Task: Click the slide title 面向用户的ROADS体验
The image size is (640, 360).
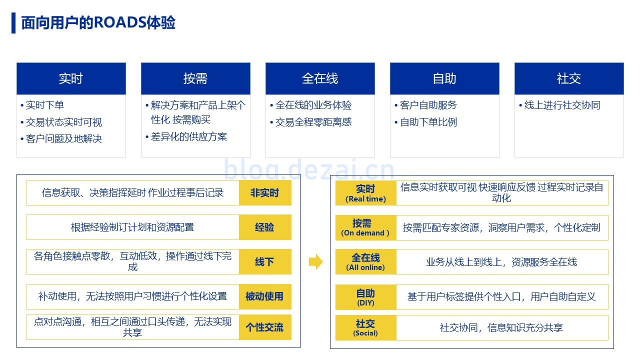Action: pos(98,23)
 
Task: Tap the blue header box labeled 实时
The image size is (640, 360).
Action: pos(71,78)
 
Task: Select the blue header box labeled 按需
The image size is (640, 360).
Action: pos(195,78)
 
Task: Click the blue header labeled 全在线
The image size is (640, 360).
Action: pos(320,78)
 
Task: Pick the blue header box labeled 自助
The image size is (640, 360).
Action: pos(444,78)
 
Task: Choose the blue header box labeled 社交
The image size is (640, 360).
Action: pos(569,78)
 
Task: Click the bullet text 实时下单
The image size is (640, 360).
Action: pos(45,105)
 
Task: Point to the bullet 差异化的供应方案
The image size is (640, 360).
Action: pos(189,136)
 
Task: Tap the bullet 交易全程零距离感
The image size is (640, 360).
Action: pos(313,122)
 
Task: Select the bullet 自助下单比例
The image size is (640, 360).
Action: pos(428,122)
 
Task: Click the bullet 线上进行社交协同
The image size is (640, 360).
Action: pos(562,105)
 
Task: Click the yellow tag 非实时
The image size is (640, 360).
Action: pos(265,193)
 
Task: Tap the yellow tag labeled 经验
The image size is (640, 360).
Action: pos(265,227)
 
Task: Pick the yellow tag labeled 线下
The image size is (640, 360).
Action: pos(265,261)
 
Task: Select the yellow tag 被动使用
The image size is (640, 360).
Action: pos(265,296)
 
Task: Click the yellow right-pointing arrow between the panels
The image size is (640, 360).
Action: pos(316,261)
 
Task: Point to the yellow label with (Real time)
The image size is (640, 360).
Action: pos(365,193)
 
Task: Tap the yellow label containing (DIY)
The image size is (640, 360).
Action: pos(365,297)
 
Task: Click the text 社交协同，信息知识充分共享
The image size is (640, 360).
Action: pos(501,327)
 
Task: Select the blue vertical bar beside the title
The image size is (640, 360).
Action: pos(13,23)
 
